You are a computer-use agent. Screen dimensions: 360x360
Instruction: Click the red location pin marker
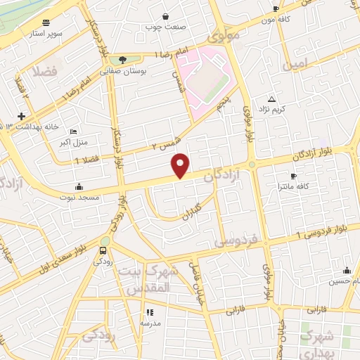181,165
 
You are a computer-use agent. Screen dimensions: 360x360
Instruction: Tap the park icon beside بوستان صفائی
124,60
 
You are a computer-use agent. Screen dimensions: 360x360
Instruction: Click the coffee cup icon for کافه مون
276,9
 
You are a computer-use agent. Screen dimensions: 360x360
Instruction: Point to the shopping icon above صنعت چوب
165,16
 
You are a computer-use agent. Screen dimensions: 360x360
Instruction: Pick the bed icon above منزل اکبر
74,131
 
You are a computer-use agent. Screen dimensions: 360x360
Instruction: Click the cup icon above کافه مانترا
293,176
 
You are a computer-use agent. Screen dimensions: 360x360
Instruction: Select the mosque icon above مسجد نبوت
79,187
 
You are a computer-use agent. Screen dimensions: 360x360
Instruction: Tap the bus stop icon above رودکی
103,250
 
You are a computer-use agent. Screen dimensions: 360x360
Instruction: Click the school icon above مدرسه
149,312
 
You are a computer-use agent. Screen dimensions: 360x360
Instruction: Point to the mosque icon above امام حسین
346,270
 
